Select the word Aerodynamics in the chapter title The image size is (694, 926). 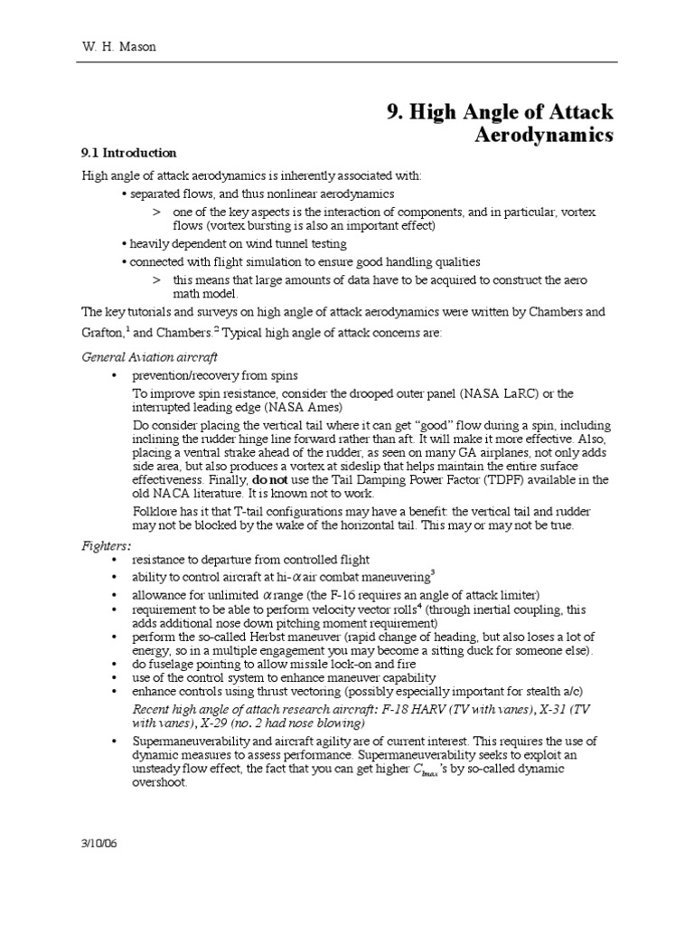coord(544,136)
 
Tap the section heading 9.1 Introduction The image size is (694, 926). coord(128,153)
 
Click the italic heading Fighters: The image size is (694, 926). coord(107,546)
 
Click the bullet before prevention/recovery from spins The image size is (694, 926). coord(114,375)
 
